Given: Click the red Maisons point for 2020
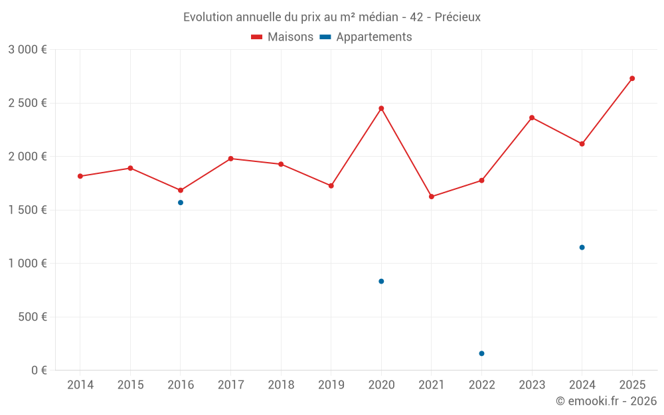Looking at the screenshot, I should click(381, 108).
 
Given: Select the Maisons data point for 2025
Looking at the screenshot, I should click(632, 78).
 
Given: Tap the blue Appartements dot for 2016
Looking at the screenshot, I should click(181, 203).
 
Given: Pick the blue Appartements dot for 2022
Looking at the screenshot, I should click(481, 353).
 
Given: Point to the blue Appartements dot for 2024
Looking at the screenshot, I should click(582, 247).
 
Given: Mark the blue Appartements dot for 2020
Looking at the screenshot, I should click(381, 282).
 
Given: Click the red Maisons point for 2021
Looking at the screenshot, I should click(432, 197).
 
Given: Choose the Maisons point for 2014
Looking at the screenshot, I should click(80, 176).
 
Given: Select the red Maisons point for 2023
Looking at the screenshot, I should click(532, 118).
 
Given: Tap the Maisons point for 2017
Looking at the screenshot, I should click(230, 159).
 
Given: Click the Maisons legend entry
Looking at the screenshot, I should click(282, 37).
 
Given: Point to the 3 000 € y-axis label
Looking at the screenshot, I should click(27, 50).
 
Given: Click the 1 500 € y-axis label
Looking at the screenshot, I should click(27, 210).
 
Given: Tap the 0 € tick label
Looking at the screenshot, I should click(39, 370).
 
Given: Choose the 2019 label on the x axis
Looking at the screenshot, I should click(331, 385).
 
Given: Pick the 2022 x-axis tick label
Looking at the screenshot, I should click(481, 385).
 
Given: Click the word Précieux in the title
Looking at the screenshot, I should click(457, 17).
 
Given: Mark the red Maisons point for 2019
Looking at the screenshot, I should click(331, 185).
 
